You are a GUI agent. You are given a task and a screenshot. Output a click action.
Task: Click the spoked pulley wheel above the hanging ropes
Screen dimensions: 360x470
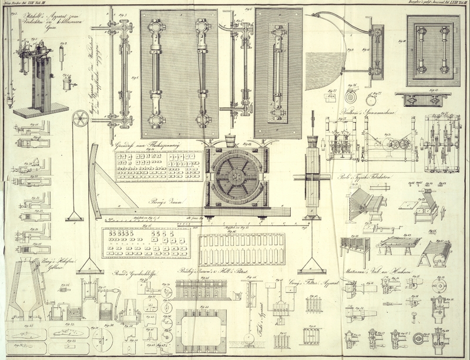79,120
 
